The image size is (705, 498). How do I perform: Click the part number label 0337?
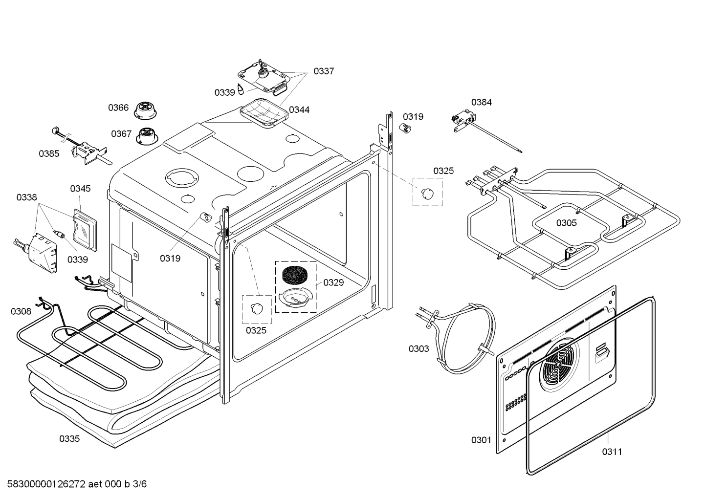323,71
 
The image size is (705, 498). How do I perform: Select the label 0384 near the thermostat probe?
481,102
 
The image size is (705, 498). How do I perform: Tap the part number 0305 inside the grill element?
566,223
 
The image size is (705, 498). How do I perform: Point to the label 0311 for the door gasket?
612,452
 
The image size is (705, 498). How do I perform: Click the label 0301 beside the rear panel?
481,440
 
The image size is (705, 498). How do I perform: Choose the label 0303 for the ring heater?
419,348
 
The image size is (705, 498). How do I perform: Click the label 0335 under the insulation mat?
69,439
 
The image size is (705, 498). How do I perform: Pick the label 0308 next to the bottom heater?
21,311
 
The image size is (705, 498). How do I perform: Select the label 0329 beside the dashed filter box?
333,282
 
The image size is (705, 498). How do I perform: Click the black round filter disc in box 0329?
296,275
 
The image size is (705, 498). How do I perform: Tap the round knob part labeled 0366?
144,110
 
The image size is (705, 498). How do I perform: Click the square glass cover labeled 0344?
264,112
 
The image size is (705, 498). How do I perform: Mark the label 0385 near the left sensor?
49,153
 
